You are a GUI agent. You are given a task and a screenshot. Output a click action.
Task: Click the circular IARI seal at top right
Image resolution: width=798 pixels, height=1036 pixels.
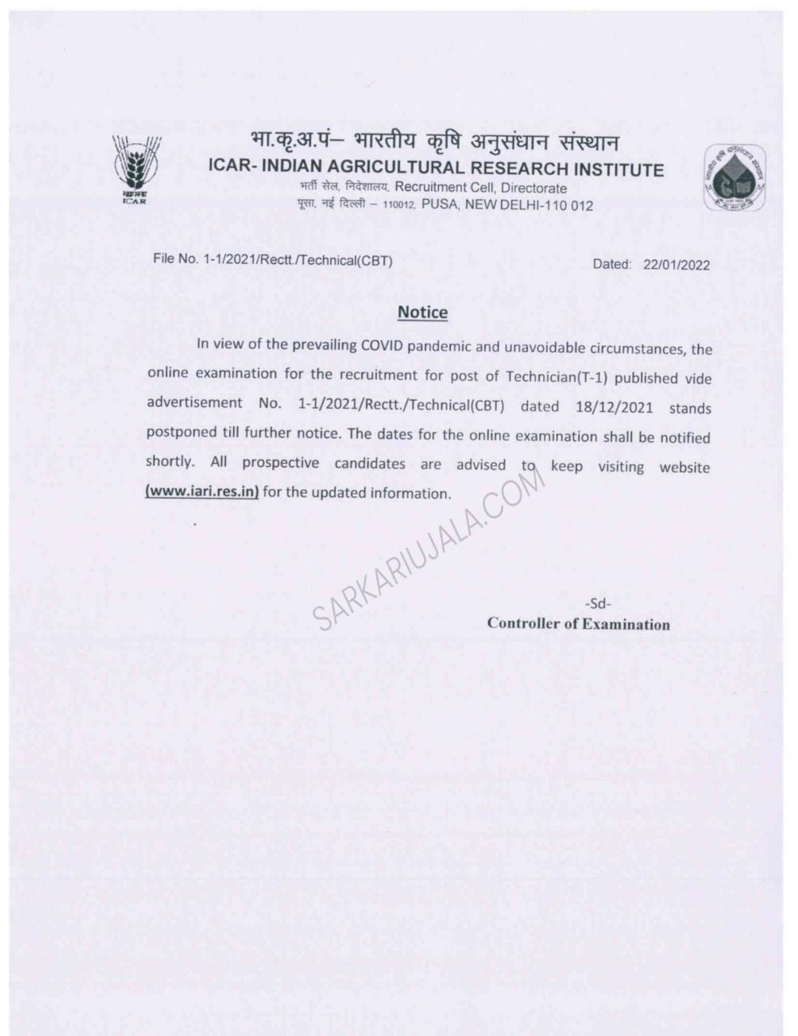(735, 177)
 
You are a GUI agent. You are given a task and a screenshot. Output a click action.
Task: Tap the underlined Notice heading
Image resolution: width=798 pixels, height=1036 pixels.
(422, 312)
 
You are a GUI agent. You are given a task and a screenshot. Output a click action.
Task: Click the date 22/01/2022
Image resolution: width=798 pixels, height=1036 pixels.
(677, 264)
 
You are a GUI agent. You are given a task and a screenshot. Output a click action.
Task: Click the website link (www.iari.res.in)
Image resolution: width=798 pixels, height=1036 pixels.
(202, 492)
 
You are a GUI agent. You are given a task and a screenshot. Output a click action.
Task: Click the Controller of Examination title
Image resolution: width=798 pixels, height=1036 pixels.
(578, 624)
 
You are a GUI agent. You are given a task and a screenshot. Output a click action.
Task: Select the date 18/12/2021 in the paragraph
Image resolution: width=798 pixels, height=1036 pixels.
(613, 405)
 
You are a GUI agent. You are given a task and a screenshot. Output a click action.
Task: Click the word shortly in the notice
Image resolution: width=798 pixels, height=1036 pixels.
(169, 461)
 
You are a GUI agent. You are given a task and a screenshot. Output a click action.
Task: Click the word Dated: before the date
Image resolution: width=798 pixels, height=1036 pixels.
(611, 264)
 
